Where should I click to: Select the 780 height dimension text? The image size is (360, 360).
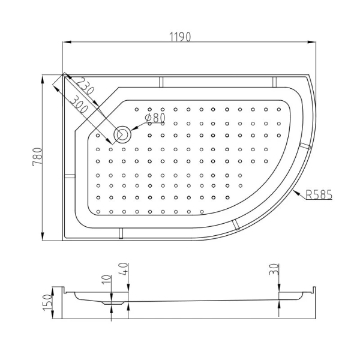(37, 157)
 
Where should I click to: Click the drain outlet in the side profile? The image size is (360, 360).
(109, 303)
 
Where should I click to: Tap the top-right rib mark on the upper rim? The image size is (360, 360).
(274, 81)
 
